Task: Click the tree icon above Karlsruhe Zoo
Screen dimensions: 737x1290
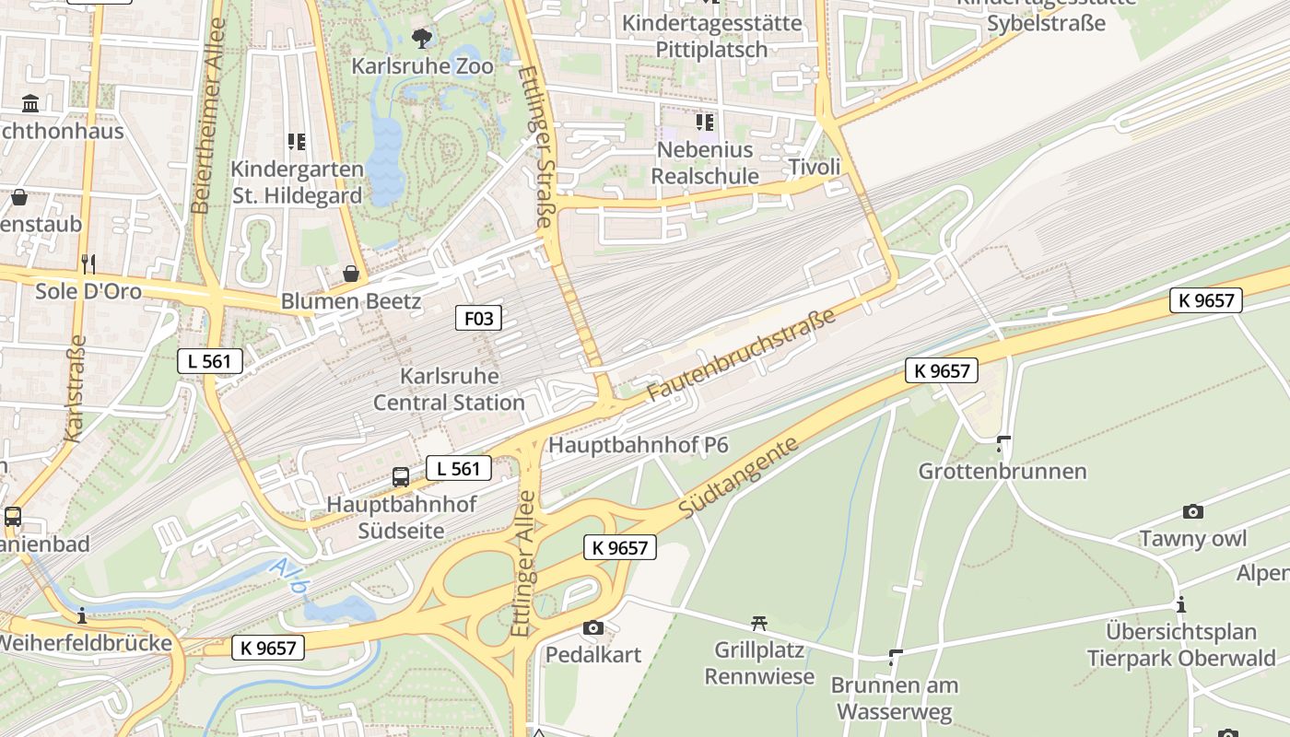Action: (x=422, y=38)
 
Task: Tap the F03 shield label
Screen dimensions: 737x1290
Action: (x=479, y=319)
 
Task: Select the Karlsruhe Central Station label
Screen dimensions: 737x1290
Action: (x=449, y=390)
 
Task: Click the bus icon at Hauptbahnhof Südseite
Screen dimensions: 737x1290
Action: (x=401, y=476)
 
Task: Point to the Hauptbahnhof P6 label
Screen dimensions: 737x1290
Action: (x=639, y=445)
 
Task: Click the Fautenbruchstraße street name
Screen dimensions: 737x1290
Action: (x=741, y=355)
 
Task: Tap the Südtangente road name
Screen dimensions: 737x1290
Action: (x=737, y=476)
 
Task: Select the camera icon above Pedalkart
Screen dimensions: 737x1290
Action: (x=593, y=628)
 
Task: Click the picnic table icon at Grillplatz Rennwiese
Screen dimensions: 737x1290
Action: (x=759, y=624)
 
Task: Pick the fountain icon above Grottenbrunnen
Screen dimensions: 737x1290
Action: (x=1003, y=444)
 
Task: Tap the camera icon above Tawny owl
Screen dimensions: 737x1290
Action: (x=1193, y=511)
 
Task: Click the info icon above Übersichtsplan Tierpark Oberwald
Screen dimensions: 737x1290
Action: (x=1181, y=605)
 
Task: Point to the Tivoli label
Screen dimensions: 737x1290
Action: (x=815, y=167)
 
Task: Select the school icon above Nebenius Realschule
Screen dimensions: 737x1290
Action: (x=705, y=122)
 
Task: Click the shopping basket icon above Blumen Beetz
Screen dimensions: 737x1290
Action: (x=351, y=274)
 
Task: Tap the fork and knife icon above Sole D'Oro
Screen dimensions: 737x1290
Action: (x=88, y=264)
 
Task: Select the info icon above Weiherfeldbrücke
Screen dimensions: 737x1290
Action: (x=83, y=614)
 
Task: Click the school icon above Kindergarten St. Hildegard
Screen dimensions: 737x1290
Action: (x=296, y=142)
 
